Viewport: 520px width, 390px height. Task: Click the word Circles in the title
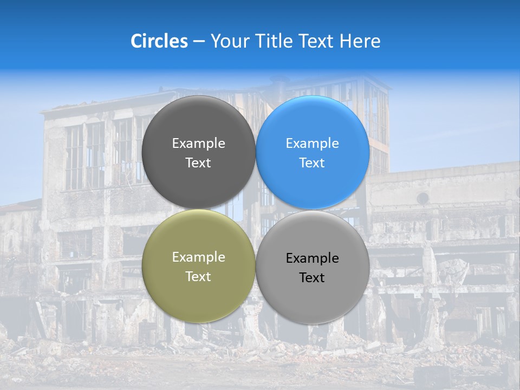pyautogui.click(x=159, y=41)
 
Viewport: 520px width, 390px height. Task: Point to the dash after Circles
pyautogui.click(x=199, y=42)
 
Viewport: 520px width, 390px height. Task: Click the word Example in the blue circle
pyautogui.click(x=312, y=144)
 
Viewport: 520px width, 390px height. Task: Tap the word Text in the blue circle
pyautogui.click(x=312, y=163)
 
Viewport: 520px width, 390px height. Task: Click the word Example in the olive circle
pyautogui.click(x=198, y=257)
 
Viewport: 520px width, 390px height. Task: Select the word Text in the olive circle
pyautogui.click(x=198, y=277)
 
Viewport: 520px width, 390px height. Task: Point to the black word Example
pyautogui.click(x=312, y=258)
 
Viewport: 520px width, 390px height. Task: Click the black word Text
pyautogui.click(x=312, y=278)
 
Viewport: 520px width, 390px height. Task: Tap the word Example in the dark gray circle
pyautogui.click(x=198, y=144)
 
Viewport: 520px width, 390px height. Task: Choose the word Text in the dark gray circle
pyautogui.click(x=198, y=163)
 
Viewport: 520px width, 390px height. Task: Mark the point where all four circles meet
pyautogui.click(x=256, y=209)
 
